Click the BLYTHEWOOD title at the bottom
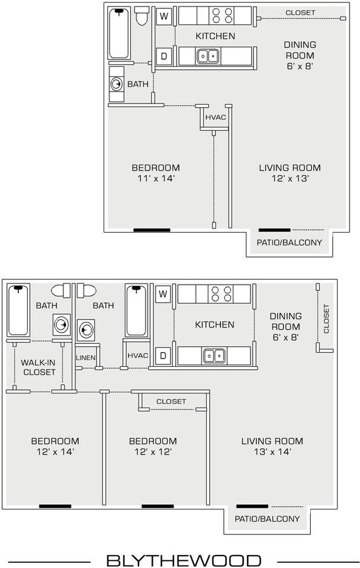(x=184, y=560)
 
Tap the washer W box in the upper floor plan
(x=164, y=17)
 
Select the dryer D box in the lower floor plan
(x=163, y=356)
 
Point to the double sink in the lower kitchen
(x=214, y=356)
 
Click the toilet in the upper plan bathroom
(x=142, y=15)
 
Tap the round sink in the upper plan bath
(x=116, y=85)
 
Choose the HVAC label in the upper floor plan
(x=216, y=117)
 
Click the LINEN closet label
(x=86, y=357)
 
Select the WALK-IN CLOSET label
(x=38, y=367)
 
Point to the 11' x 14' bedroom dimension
(x=156, y=179)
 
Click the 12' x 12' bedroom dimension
(x=153, y=451)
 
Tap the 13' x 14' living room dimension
(x=272, y=451)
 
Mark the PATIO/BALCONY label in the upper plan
(x=290, y=243)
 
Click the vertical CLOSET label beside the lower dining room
(x=326, y=319)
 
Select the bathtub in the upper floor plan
(x=119, y=33)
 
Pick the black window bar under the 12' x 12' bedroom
(x=157, y=506)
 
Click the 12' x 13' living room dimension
(x=290, y=179)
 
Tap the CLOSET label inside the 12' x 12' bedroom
(x=171, y=401)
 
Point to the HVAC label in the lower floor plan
(x=138, y=356)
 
